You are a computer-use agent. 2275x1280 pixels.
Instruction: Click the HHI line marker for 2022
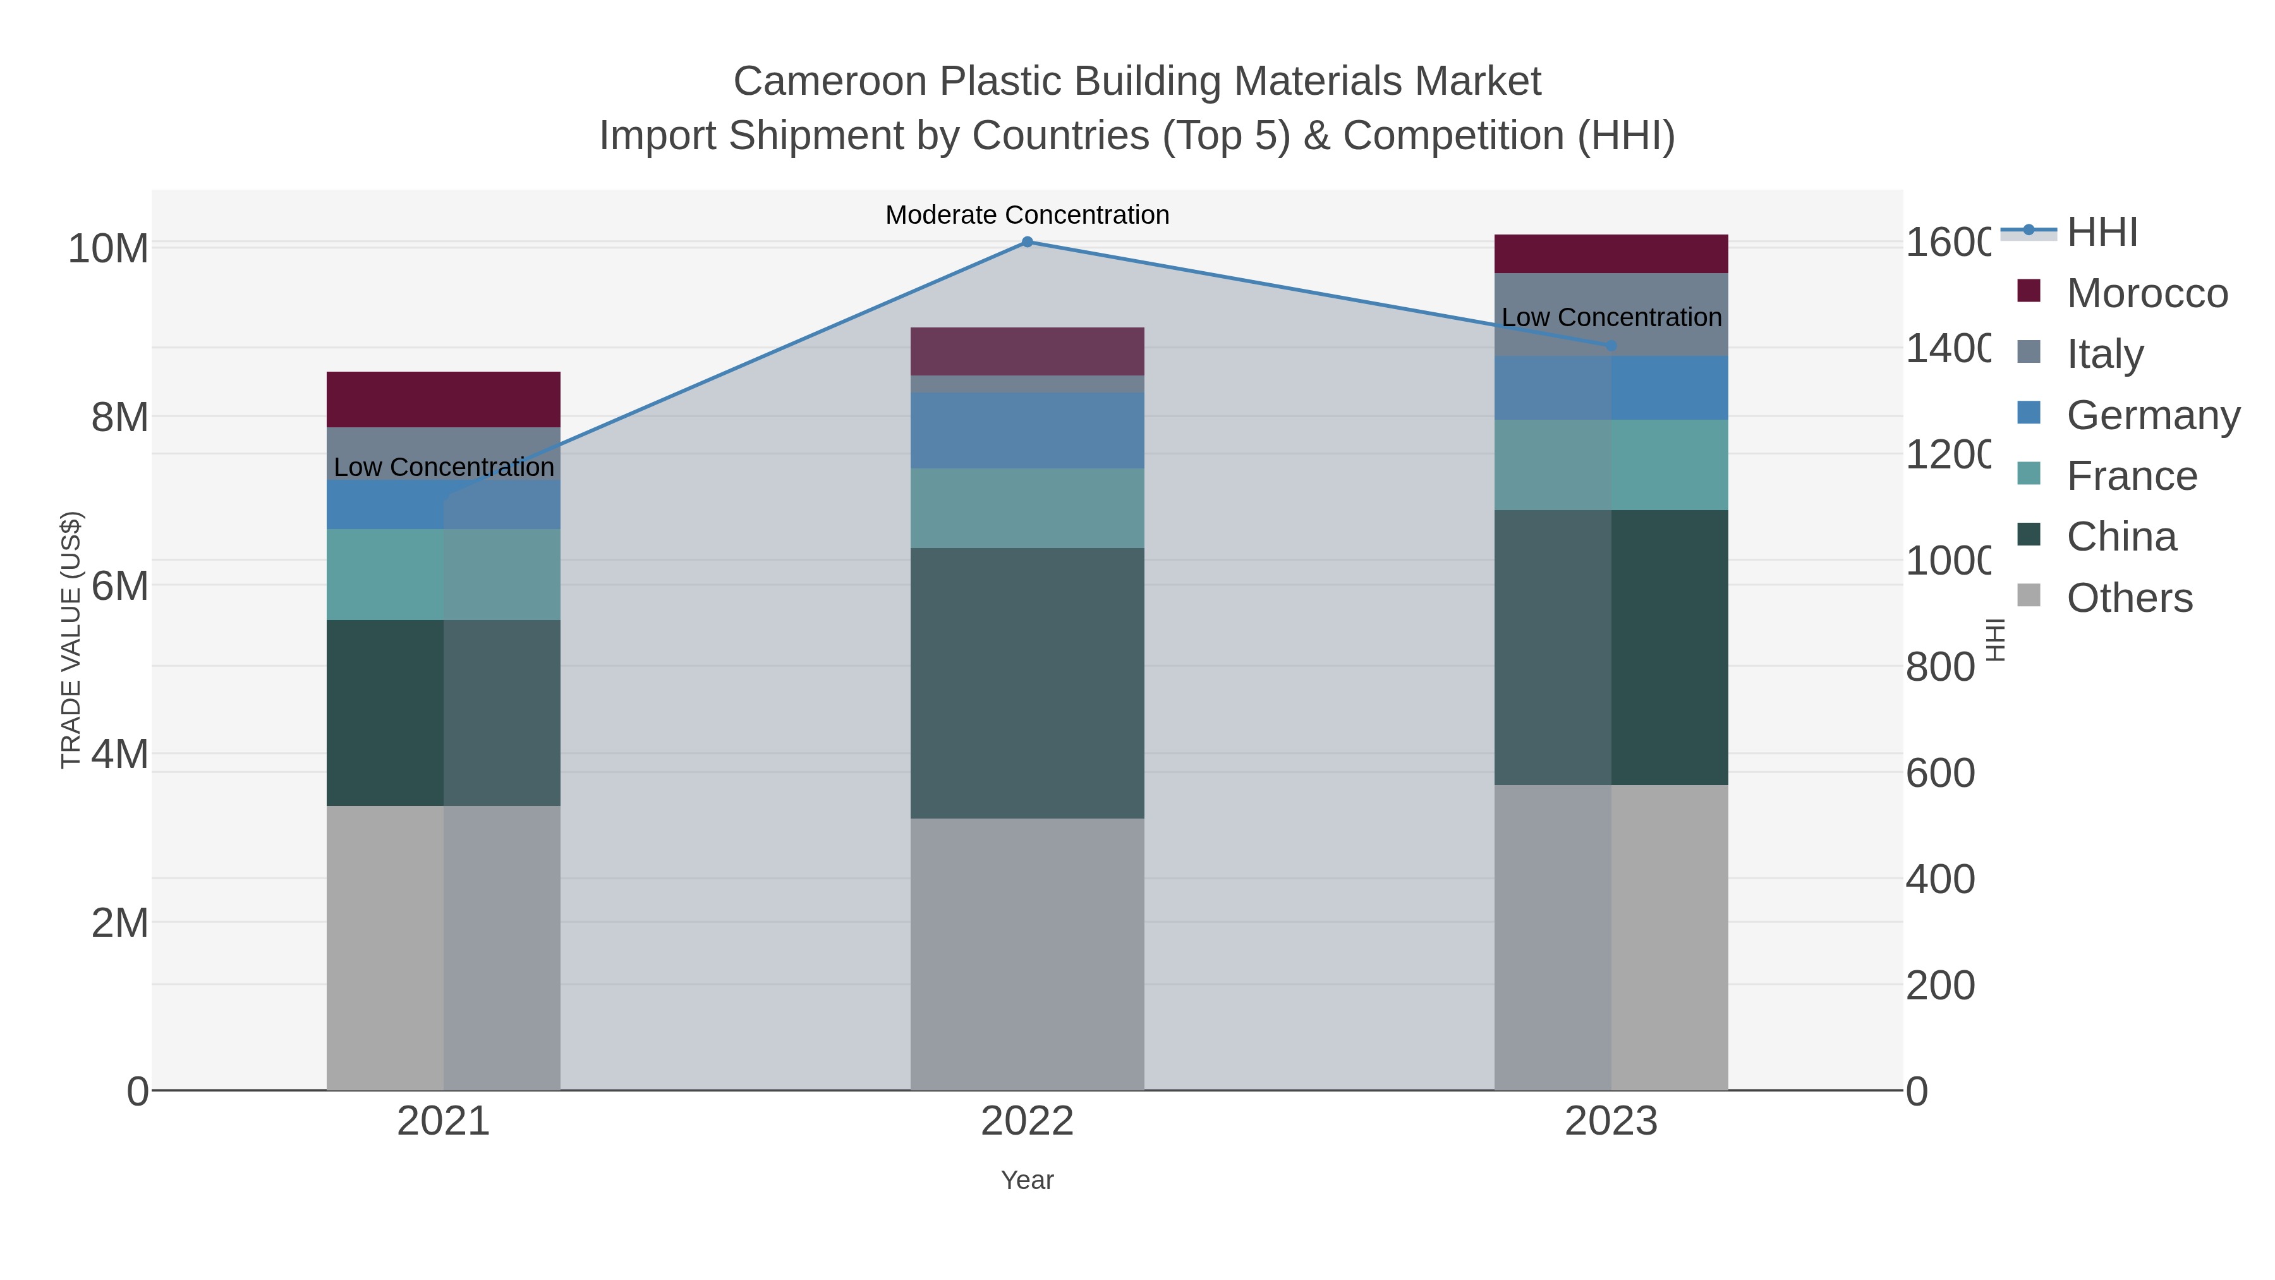click(x=1027, y=242)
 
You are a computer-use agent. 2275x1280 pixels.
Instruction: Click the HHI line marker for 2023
click(x=1611, y=345)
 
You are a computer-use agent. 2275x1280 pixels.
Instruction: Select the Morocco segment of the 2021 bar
click(x=444, y=399)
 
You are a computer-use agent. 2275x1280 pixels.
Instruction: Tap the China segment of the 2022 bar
click(x=1027, y=683)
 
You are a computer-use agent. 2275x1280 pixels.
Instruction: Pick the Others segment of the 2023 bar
click(x=1611, y=936)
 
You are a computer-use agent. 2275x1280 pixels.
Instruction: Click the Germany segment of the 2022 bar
click(x=1027, y=430)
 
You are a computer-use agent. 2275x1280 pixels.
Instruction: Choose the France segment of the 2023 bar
click(x=1611, y=465)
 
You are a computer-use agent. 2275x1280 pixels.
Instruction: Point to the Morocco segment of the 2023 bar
click(x=1611, y=253)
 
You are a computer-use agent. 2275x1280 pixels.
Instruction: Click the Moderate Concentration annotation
click(x=1027, y=215)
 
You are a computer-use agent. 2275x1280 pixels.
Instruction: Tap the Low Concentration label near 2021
click(x=444, y=467)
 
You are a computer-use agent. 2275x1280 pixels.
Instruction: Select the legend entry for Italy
click(x=2106, y=353)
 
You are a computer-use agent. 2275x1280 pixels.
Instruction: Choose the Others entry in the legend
click(x=2128, y=598)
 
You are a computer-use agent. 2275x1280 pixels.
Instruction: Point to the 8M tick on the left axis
click(x=119, y=417)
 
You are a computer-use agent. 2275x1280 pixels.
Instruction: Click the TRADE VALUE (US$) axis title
click(x=71, y=640)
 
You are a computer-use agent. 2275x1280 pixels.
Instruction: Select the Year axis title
click(x=1027, y=1180)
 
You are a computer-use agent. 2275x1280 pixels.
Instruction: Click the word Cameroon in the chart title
click(x=829, y=82)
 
